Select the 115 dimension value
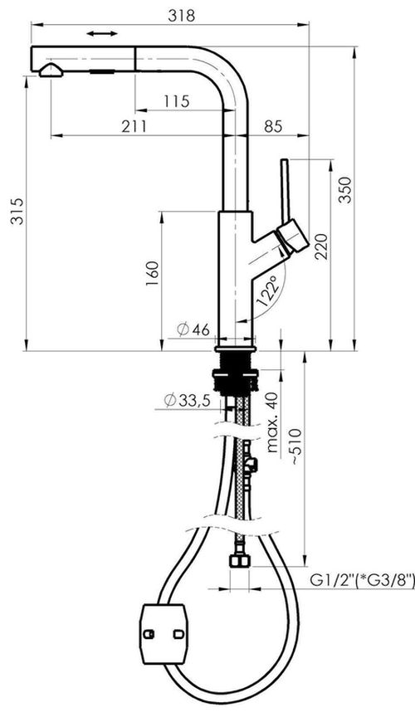(176, 101)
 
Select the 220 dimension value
(322, 246)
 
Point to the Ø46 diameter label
(193, 329)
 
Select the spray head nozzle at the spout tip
(49, 71)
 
